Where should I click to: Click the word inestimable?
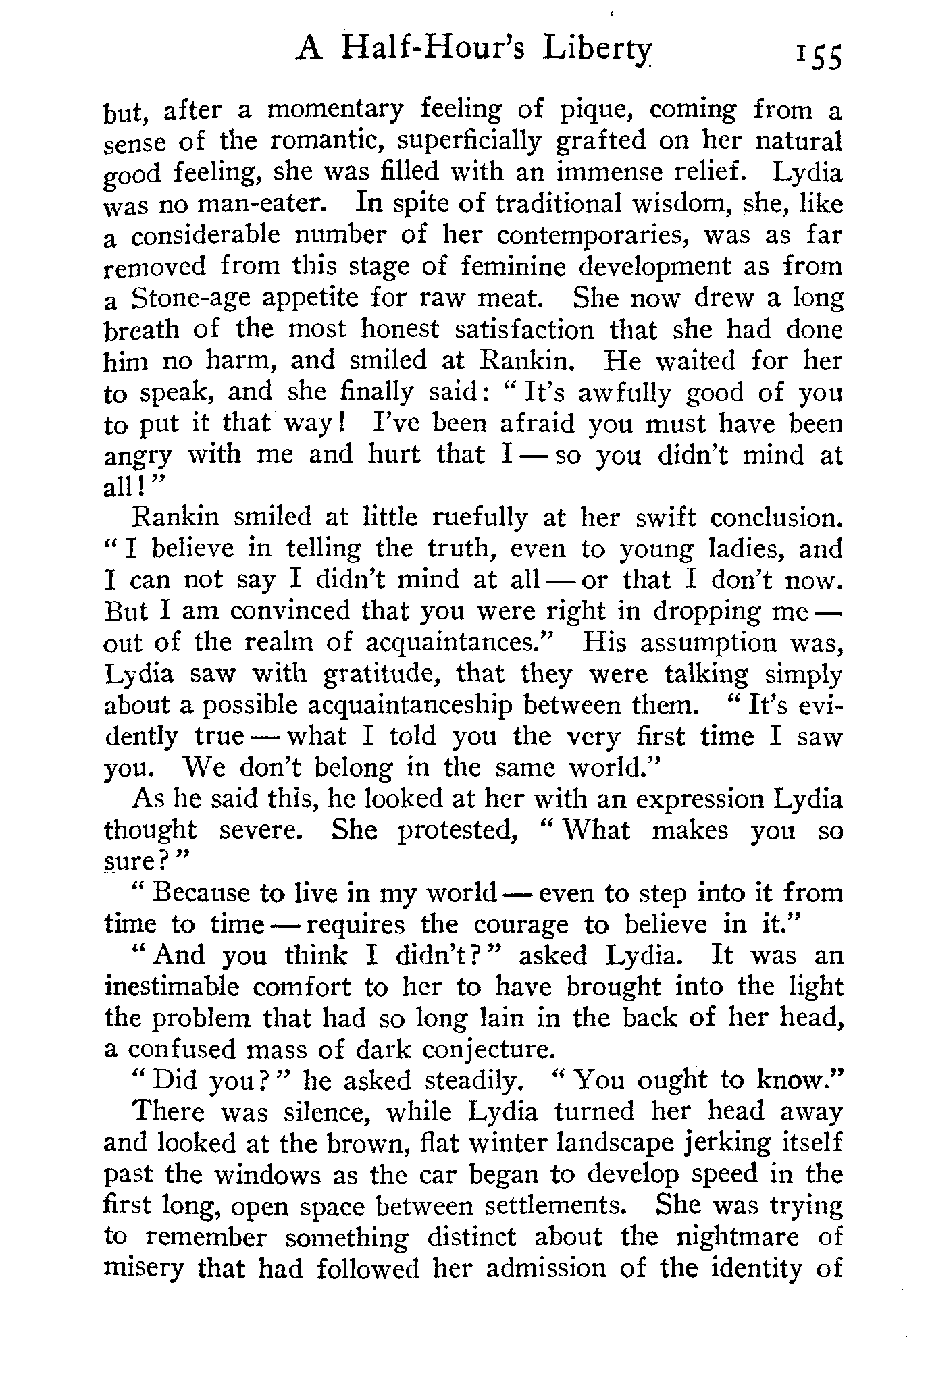pos(172,987)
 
